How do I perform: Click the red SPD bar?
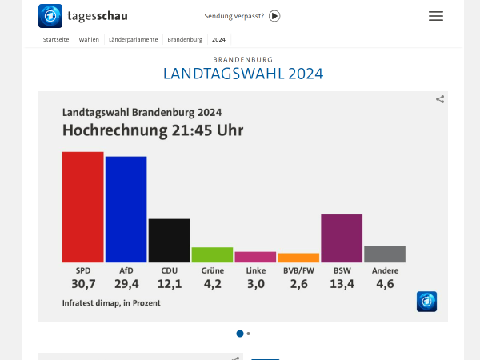tap(83, 206)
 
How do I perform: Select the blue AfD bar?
tap(126, 209)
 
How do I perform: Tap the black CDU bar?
tap(169, 240)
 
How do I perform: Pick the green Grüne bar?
tap(212, 254)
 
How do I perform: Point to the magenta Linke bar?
tap(255, 257)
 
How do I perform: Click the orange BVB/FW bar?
tap(298, 258)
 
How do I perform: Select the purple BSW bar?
tap(342, 238)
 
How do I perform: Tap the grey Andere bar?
tap(385, 254)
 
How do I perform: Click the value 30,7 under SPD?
tap(83, 284)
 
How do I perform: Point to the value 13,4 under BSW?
tap(342, 284)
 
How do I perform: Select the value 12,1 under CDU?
tap(169, 284)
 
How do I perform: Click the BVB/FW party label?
tap(298, 270)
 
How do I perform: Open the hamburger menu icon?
tap(436, 16)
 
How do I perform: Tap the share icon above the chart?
tap(440, 99)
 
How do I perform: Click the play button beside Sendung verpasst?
tap(274, 16)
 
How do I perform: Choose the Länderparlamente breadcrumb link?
tap(133, 39)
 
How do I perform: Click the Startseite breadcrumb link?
tap(56, 39)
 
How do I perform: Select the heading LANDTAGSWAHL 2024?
tap(243, 74)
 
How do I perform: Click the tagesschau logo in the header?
tap(83, 16)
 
